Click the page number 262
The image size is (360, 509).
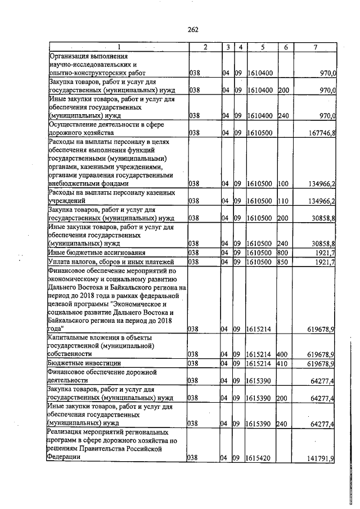click(193, 30)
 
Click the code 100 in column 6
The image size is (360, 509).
click(283, 183)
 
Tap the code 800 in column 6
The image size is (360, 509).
click(283, 253)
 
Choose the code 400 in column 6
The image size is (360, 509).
click(283, 354)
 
